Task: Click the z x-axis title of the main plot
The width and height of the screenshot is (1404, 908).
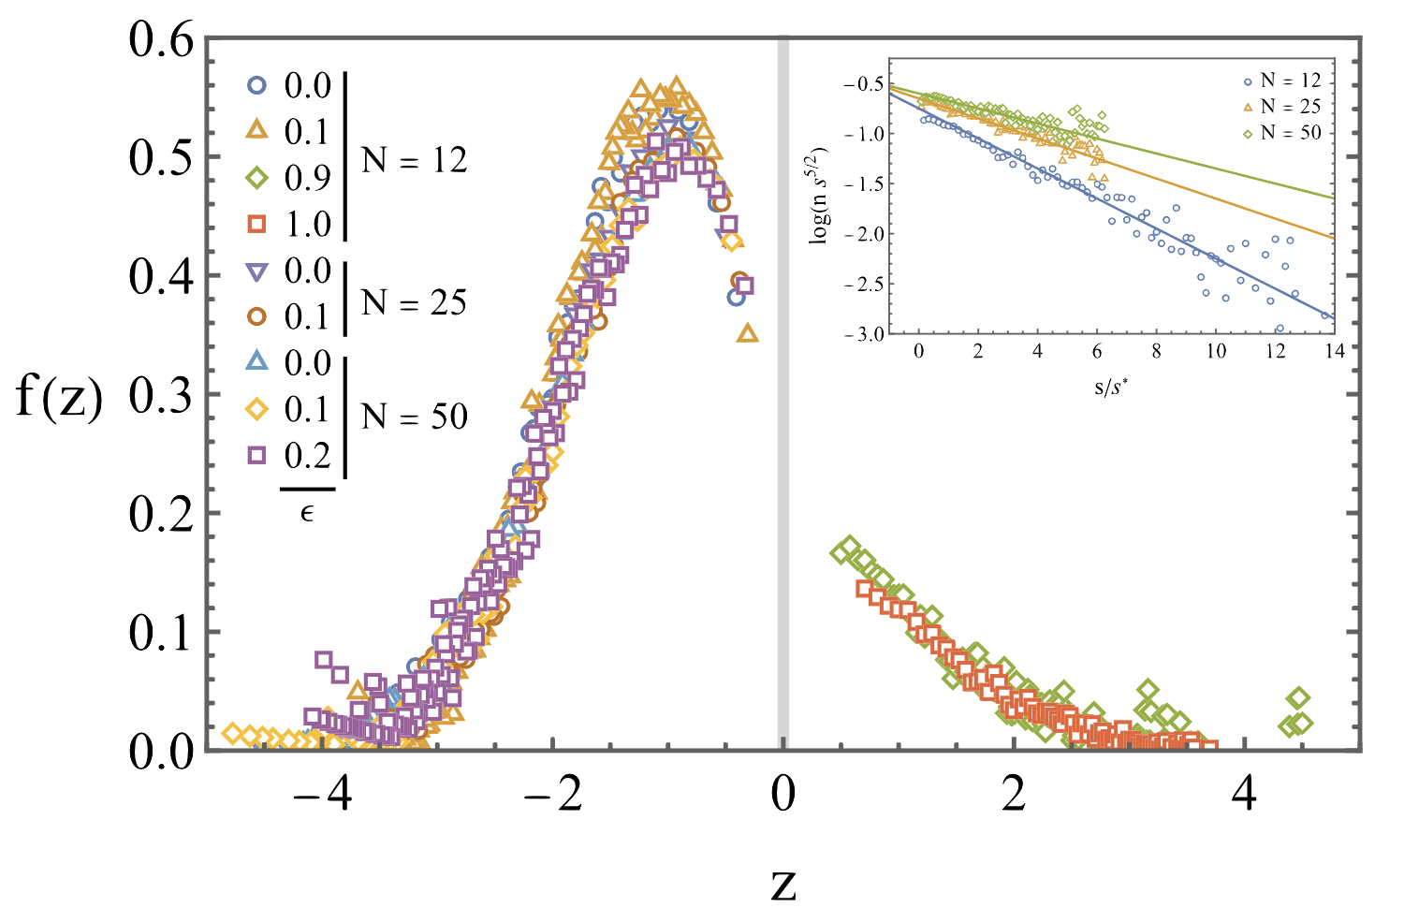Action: tap(783, 883)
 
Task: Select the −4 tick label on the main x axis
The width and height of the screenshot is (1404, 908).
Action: tap(322, 796)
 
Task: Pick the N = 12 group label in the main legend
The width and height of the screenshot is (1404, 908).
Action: tap(414, 160)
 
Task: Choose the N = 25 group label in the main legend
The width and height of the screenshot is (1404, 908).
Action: tap(414, 302)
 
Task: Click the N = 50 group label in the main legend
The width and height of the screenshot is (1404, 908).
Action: tap(414, 417)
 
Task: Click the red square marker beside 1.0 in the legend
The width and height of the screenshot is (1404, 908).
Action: tap(257, 224)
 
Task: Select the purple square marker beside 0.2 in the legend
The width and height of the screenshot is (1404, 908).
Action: tap(257, 455)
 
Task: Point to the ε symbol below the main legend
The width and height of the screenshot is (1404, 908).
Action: tap(307, 512)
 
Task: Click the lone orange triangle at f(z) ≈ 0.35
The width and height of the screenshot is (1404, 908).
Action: tap(747, 332)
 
